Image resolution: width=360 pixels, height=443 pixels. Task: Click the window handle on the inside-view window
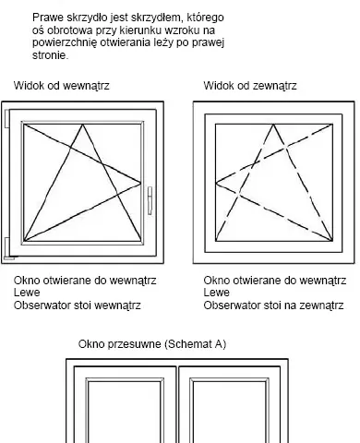coord(150,200)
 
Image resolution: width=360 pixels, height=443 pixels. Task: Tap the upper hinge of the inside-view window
coord(6,118)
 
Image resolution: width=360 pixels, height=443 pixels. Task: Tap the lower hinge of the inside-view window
coord(7,248)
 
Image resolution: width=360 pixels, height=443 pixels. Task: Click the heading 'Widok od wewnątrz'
coord(61,85)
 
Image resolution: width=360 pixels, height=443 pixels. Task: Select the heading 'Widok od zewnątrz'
coord(250,85)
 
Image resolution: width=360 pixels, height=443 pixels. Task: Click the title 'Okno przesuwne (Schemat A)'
coord(152,343)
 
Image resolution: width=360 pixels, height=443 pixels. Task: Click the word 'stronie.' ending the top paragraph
coord(50,55)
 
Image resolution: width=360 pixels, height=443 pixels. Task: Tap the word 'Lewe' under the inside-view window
coord(27,293)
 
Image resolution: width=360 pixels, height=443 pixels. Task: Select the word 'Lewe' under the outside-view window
coord(216,293)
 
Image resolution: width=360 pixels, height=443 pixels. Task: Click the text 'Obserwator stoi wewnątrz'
coord(78,305)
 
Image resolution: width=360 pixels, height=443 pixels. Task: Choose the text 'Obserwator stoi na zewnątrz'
coord(273,305)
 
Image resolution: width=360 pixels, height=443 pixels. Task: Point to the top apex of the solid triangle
coord(82,125)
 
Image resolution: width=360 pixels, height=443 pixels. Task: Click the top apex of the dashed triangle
coord(273,125)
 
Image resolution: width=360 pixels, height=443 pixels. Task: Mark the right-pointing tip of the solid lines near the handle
coord(141,184)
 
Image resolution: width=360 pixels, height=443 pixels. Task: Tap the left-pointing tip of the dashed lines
coord(216,183)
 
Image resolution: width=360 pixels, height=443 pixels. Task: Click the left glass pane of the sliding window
coord(125,413)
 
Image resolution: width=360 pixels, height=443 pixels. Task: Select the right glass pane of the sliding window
coord(229,413)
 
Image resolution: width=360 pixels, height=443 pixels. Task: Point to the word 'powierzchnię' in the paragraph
coord(65,43)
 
